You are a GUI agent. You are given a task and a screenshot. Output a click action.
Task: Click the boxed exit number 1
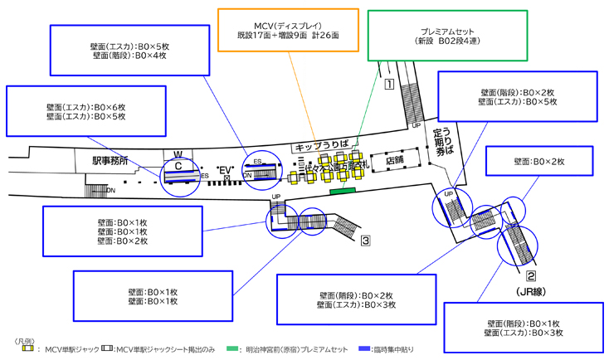click(x=387, y=83)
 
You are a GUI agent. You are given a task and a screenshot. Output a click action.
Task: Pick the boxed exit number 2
click(x=531, y=277)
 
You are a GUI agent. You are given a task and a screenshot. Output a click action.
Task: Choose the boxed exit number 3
click(x=364, y=241)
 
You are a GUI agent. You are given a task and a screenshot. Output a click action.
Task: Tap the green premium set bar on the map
click(x=342, y=192)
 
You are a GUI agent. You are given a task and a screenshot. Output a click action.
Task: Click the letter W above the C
click(x=178, y=154)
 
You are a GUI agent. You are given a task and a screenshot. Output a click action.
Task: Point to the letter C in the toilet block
click(x=178, y=166)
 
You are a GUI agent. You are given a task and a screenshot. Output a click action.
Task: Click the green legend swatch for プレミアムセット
click(x=231, y=350)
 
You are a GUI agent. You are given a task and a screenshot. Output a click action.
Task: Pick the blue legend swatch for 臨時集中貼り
click(x=365, y=350)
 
